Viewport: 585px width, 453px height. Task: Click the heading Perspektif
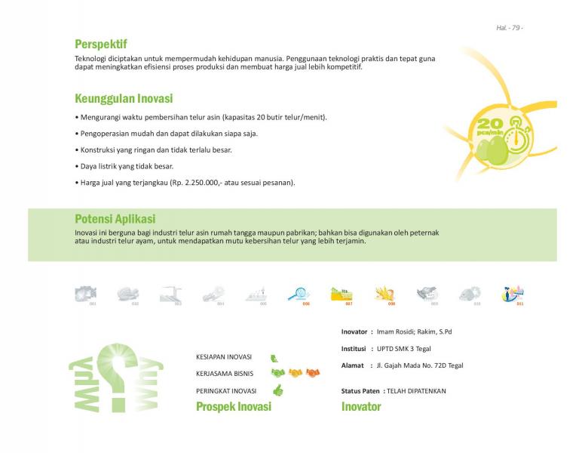coord(101,44)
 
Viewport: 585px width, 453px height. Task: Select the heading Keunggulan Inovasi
coord(124,99)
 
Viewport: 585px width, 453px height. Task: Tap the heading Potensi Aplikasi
coord(115,219)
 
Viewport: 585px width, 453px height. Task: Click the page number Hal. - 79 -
coord(510,28)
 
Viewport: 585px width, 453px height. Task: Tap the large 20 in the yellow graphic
coord(489,122)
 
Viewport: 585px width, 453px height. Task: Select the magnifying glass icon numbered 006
coord(298,294)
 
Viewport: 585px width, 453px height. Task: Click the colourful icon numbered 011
coord(514,294)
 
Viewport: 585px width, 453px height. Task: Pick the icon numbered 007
coord(342,294)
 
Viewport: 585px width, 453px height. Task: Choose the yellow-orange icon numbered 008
coord(385,294)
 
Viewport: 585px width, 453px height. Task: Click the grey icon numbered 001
coord(85,294)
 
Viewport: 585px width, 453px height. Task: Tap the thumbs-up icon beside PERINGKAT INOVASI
coord(277,390)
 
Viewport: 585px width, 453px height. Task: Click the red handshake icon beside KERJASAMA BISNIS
coord(312,373)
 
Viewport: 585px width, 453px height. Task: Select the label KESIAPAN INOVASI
coord(224,357)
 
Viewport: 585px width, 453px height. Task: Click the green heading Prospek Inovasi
coord(233,407)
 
